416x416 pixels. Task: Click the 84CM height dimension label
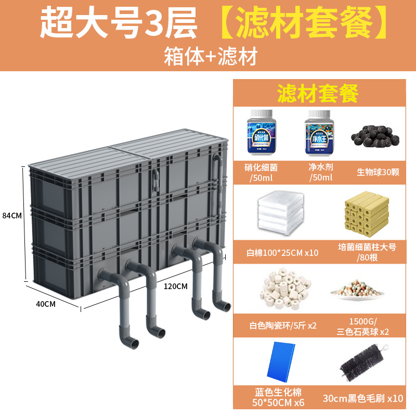click(12, 215)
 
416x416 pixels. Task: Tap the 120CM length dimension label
click(175, 286)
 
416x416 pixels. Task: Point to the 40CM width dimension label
click(45, 304)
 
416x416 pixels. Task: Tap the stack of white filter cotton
click(281, 212)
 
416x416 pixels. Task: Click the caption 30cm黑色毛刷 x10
click(362, 398)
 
